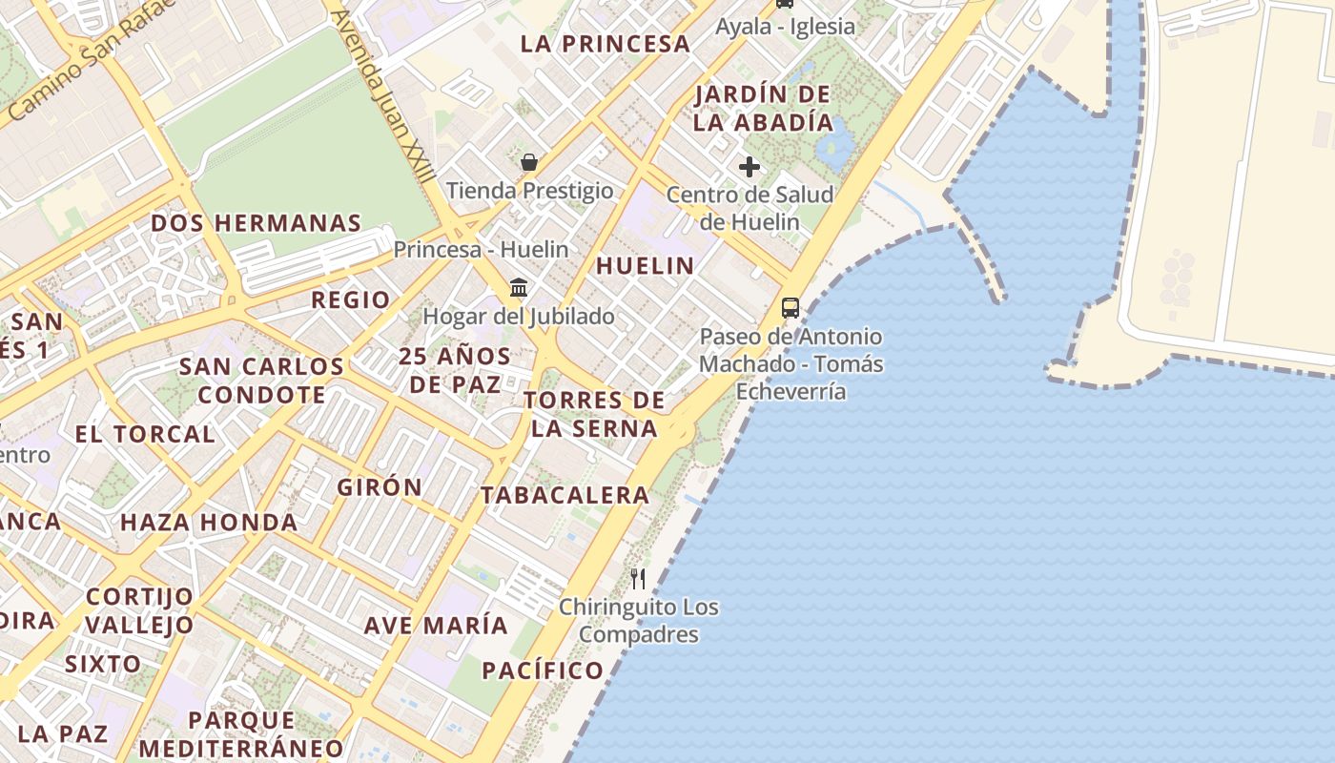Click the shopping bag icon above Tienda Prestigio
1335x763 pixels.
click(529, 162)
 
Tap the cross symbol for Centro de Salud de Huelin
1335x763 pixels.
click(750, 167)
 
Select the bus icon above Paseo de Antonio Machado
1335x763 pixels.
click(791, 307)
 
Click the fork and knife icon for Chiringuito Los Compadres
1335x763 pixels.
click(638, 578)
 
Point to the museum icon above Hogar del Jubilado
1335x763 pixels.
click(519, 286)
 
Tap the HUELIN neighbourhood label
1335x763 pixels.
click(646, 265)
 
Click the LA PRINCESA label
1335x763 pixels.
click(606, 44)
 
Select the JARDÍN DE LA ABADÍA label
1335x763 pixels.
click(763, 108)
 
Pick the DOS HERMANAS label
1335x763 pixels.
click(257, 223)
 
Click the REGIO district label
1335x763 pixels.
click(351, 299)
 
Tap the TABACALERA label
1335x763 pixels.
click(565, 495)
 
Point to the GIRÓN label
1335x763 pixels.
click(380, 486)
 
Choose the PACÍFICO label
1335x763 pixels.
click(543, 670)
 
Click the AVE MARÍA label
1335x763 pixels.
click(436, 626)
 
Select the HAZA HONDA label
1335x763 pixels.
click(209, 523)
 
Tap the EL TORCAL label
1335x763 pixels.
click(145, 434)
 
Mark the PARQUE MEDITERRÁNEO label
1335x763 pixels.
click(241, 733)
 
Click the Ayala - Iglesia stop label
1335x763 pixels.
click(786, 27)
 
